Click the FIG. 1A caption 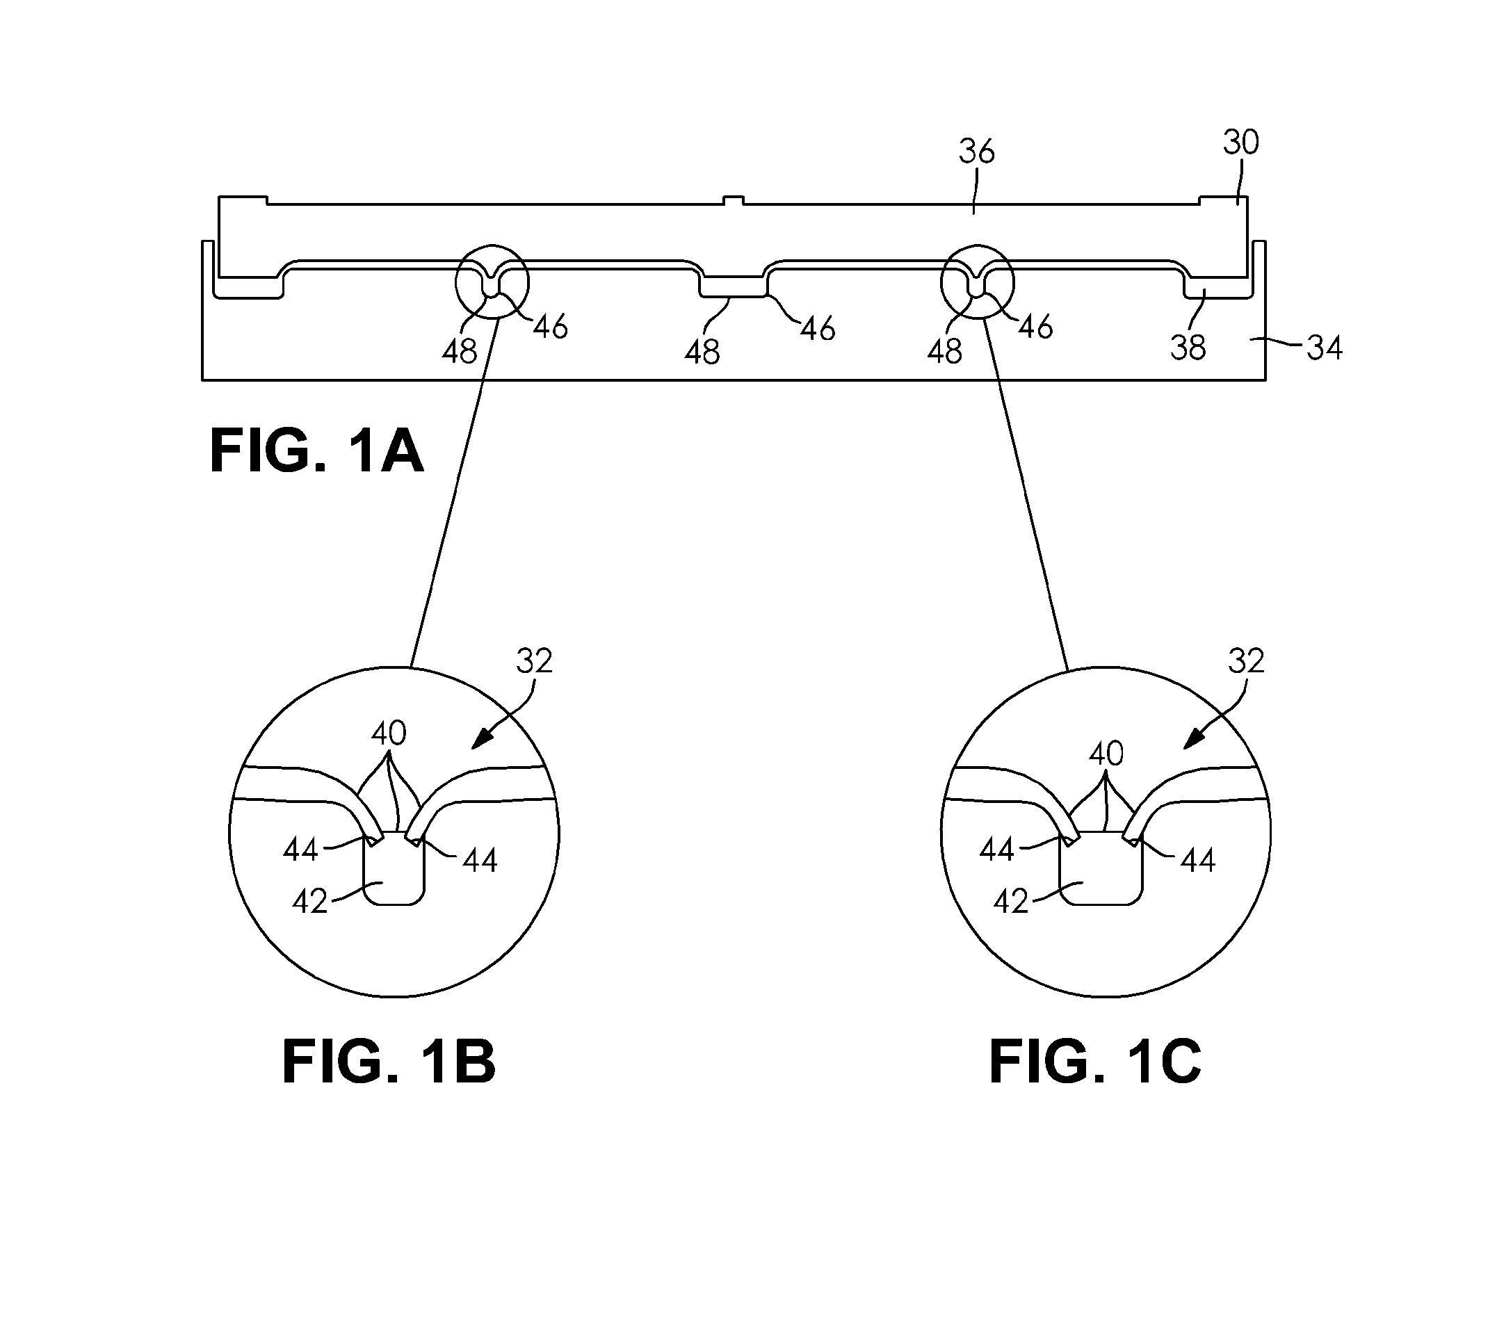(316, 451)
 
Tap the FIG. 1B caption (389, 1061)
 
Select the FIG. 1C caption (1095, 1061)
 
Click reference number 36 (976, 152)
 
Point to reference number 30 (1241, 142)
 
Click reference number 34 (1325, 347)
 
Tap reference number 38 (1189, 347)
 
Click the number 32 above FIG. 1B (534, 661)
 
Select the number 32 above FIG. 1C (1246, 661)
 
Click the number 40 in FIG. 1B (389, 733)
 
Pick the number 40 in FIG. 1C (1106, 754)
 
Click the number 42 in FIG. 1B (309, 901)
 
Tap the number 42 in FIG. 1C (1011, 901)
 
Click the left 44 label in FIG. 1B (301, 850)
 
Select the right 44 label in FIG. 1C (1197, 860)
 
